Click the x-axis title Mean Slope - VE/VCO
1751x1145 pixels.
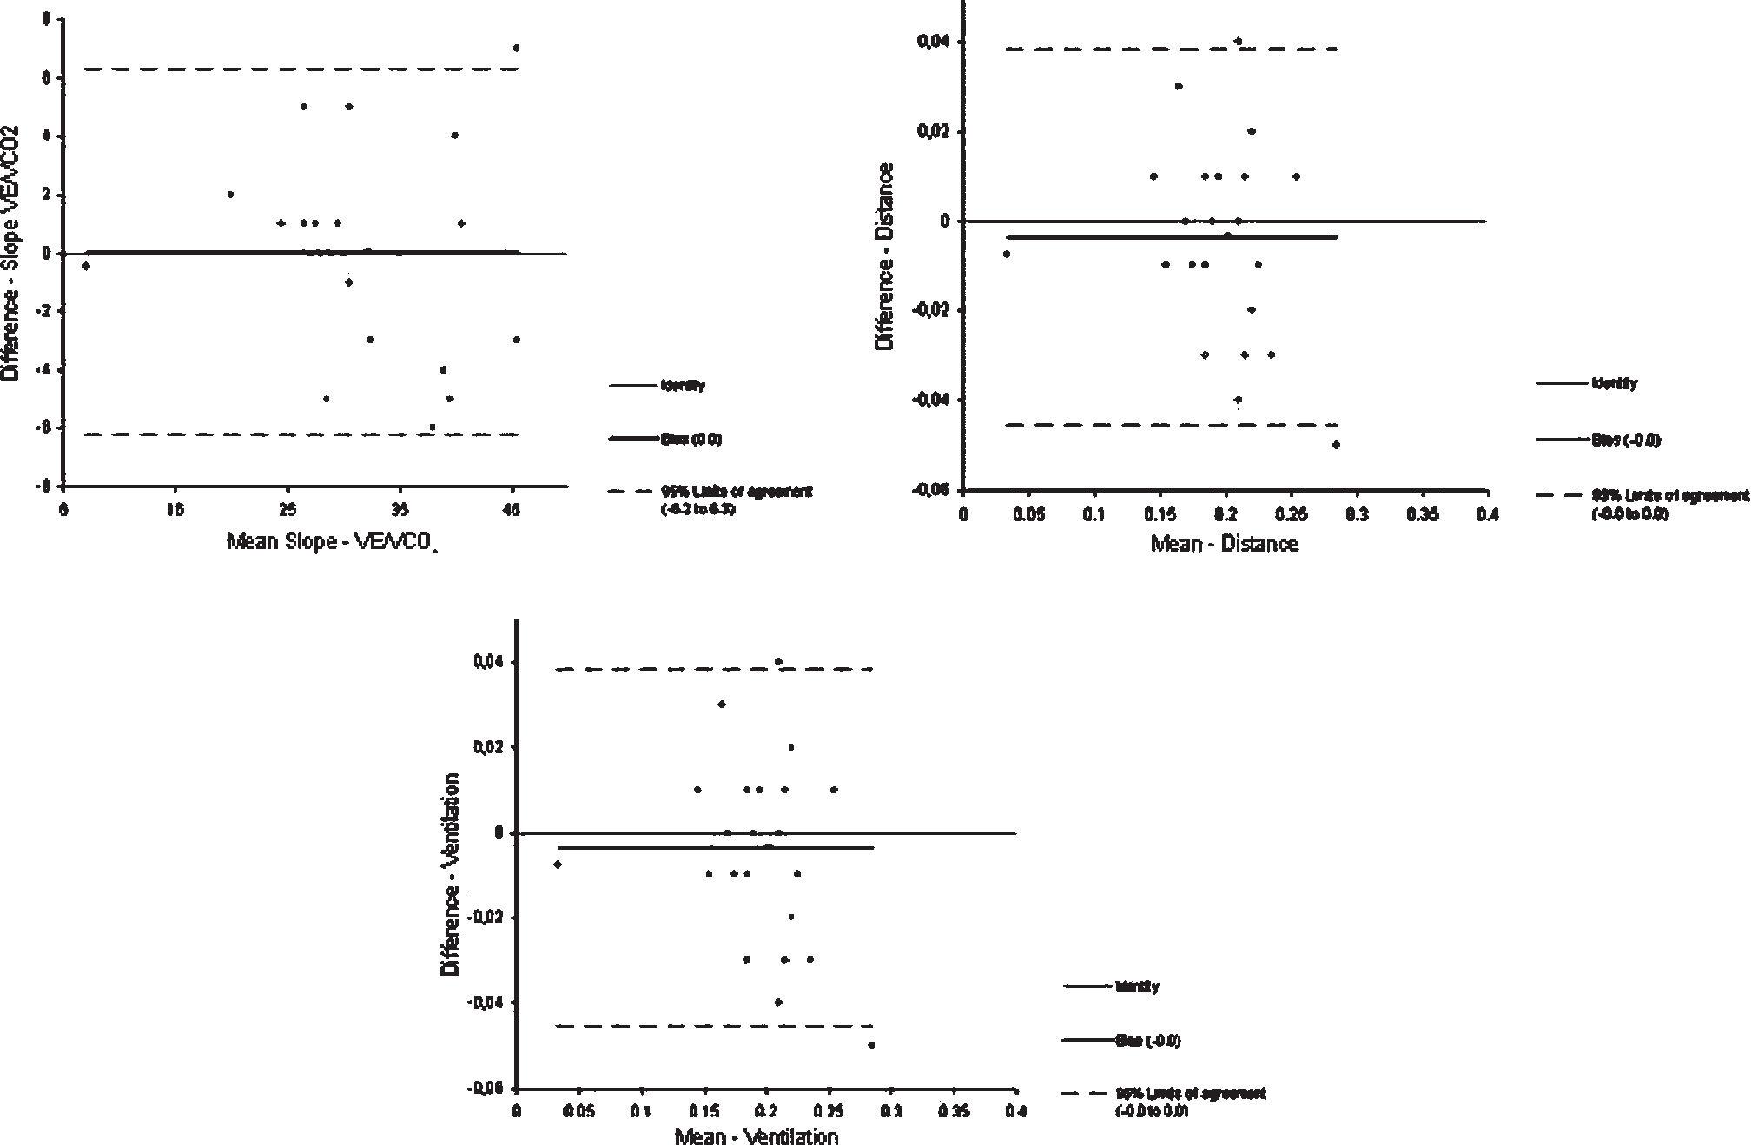coord(331,543)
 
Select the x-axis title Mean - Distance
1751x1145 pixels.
coord(1224,545)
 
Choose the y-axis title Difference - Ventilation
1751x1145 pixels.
coord(451,873)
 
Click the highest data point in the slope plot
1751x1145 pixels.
coord(516,48)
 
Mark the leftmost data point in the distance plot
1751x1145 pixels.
coord(1007,255)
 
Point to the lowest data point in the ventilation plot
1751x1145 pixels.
coord(871,1045)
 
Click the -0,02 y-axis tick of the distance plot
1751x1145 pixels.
coord(932,310)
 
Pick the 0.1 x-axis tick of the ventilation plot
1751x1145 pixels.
coord(641,1112)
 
